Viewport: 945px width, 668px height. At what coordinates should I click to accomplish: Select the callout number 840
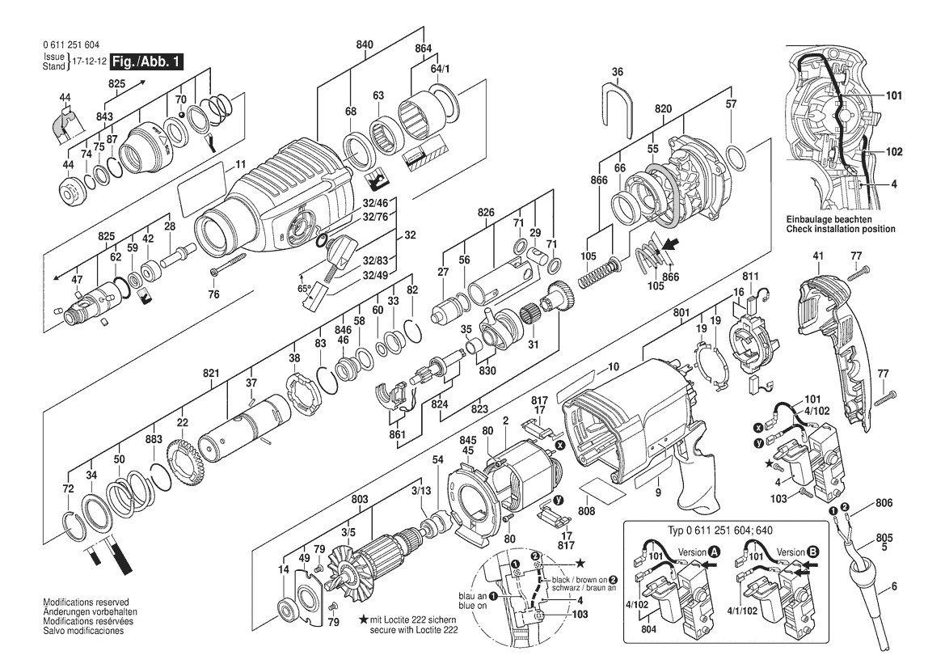[x=365, y=45]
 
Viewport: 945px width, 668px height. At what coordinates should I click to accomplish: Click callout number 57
[x=731, y=104]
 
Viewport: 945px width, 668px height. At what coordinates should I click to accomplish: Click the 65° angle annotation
[x=304, y=288]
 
